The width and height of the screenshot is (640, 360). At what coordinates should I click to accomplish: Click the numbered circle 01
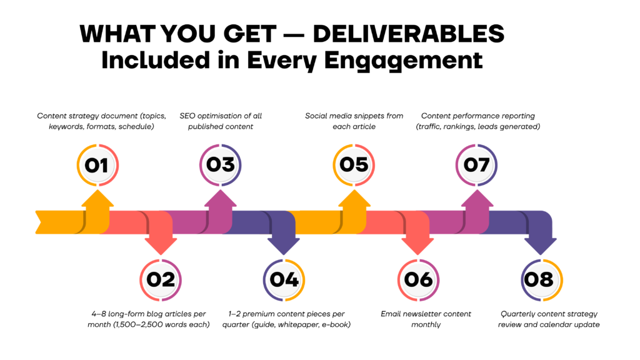coord(97,165)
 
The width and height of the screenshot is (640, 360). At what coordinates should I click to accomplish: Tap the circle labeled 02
coord(161,280)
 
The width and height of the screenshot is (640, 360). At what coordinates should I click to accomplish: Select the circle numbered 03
coord(221,165)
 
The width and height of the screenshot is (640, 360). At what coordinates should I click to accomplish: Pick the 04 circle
coord(284,280)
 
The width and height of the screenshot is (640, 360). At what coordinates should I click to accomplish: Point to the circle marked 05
coord(354,165)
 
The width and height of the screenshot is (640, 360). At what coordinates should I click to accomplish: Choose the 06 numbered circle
coord(418,280)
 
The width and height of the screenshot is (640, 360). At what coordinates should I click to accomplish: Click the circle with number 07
coord(476,165)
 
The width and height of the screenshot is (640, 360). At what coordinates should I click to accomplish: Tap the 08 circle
coord(542,280)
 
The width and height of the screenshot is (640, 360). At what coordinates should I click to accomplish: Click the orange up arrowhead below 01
coord(97,198)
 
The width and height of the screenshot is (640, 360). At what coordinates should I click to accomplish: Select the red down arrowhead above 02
coord(161,246)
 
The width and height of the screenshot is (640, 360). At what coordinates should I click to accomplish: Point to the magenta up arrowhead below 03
coord(221,198)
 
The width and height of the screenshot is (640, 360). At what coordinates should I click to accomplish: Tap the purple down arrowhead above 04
coord(284,246)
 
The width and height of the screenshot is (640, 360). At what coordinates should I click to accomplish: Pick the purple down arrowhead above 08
coord(541,246)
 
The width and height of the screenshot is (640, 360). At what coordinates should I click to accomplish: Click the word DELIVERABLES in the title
coord(409,34)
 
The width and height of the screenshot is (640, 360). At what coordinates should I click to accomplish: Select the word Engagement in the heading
coord(403,61)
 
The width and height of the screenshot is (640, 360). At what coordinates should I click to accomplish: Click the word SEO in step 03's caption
coord(187,116)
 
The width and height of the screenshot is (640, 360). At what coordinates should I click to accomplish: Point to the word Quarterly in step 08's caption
coord(517,314)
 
